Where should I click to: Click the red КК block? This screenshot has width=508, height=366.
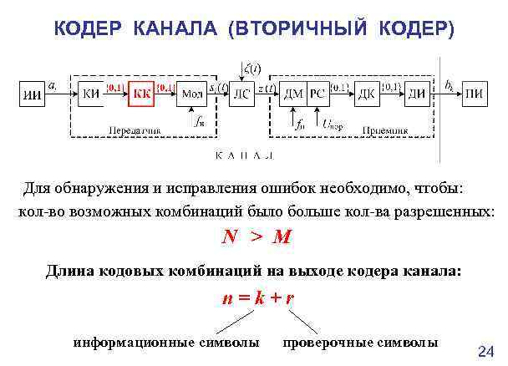[142, 94]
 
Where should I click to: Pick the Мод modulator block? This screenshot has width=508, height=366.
[191, 94]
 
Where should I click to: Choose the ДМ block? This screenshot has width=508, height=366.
[293, 94]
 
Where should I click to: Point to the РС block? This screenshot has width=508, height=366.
[317, 94]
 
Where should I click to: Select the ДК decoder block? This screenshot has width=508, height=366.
[367, 94]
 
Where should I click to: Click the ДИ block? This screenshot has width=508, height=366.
[419, 94]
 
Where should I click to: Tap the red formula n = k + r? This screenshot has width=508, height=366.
[257, 297]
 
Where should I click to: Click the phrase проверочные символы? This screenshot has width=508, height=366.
[360, 343]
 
